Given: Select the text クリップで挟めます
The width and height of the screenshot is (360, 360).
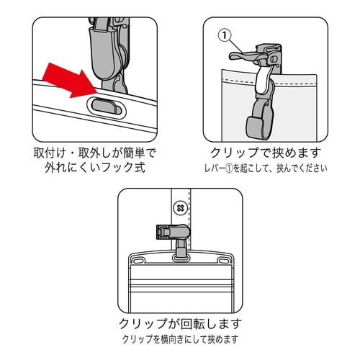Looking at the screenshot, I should point(264,153).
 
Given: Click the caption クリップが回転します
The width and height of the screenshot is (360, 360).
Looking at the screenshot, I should point(179,322).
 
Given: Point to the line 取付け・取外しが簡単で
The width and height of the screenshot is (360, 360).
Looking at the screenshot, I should point(94,153).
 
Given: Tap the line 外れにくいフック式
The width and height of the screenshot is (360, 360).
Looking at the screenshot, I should point(94,170).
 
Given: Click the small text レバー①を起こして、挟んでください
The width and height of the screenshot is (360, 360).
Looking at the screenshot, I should point(264,170).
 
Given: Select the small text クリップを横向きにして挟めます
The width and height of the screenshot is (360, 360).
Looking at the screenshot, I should point(179,338).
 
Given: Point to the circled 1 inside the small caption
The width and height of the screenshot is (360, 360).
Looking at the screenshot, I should point(235,170).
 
